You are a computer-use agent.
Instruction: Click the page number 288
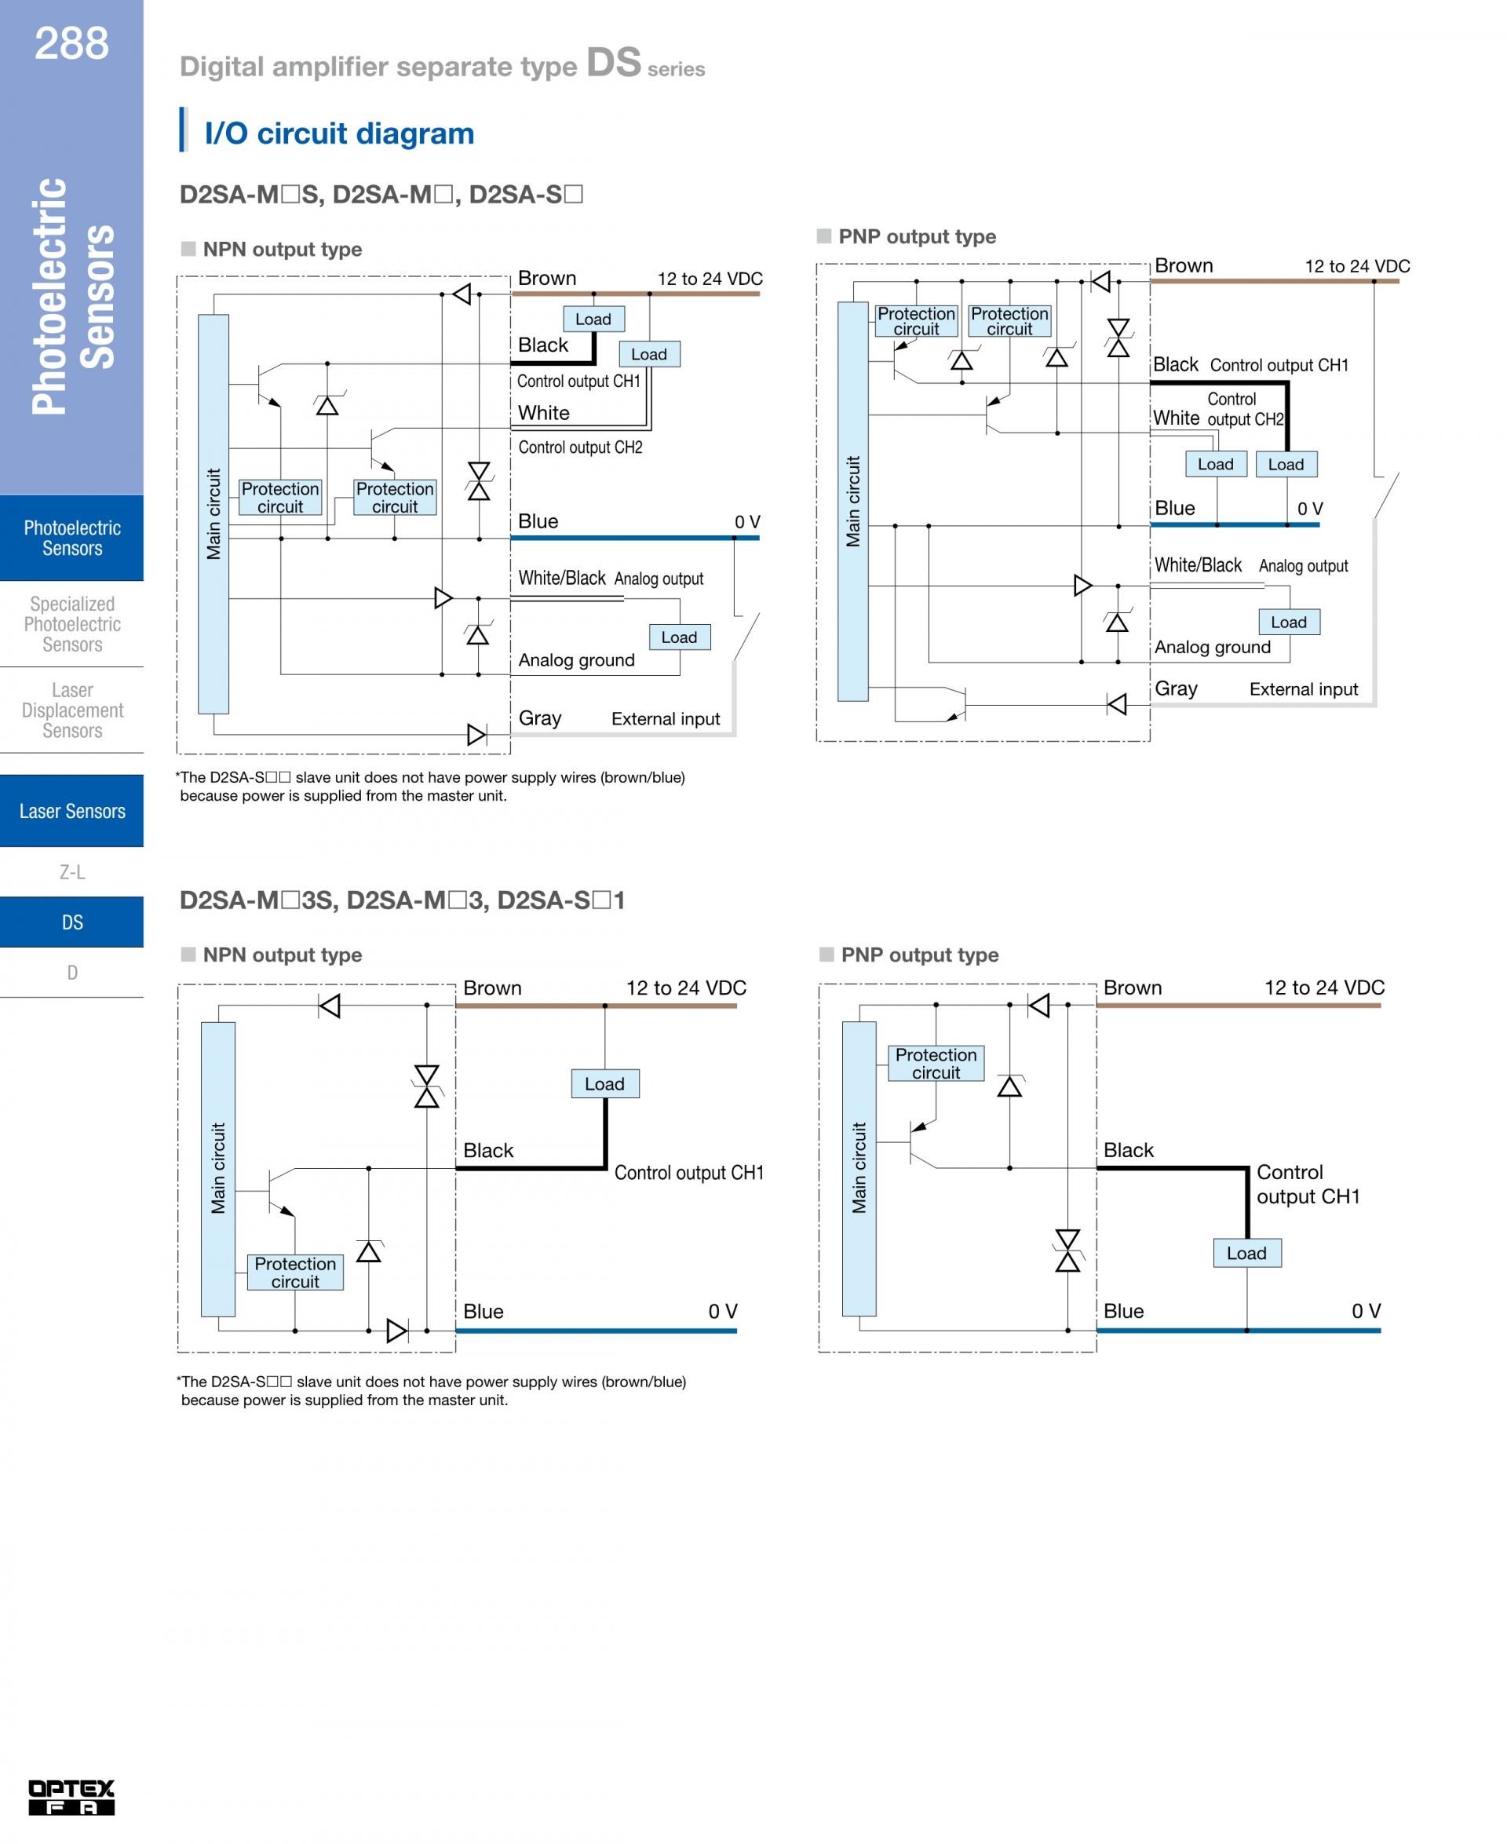[x=71, y=42]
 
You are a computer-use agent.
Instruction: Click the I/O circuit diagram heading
[x=338, y=133]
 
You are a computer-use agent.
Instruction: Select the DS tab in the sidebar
[x=72, y=922]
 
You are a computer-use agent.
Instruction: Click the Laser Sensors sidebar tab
[x=72, y=811]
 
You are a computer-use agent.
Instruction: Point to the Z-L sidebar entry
[x=72, y=871]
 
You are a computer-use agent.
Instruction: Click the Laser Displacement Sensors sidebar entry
[x=72, y=710]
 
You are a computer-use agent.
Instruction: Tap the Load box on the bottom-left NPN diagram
[x=604, y=1083]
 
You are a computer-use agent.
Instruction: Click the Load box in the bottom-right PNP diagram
[x=1246, y=1253]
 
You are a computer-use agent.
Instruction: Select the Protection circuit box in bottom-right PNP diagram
[x=936, y=1064]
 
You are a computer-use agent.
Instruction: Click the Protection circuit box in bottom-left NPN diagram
[x=295, y=1272]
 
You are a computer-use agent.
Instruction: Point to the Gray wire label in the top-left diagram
[x=540, y=718]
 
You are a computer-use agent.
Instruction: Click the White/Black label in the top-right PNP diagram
[x=1198, y=565]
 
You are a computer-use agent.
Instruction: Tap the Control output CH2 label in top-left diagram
[x=580, y=447]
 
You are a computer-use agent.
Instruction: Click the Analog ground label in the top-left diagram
[x=576, y=660]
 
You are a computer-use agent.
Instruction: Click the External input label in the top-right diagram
[x=1303, y=689]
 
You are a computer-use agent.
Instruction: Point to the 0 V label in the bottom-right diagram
[x=1366, y=1311]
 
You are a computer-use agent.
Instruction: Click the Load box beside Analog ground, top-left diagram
[x=679, y=637]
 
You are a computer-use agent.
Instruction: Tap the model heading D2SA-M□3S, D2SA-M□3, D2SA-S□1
[x=402, y=900]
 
